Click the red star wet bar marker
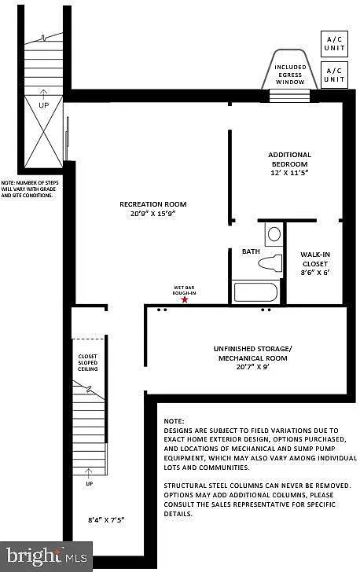[x=185, y=299]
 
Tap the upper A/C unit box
[x=334, y=42]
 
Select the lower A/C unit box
[x=334, y=75]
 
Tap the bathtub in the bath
[x=256, y=292]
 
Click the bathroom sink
[x=273, y=233]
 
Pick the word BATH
[x=250, y=251]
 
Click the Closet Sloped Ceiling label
[x=86, y=361]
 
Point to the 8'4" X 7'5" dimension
[x=106, y=520]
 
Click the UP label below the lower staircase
[x=88, y=483]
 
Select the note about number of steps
[x=30, y=189]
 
